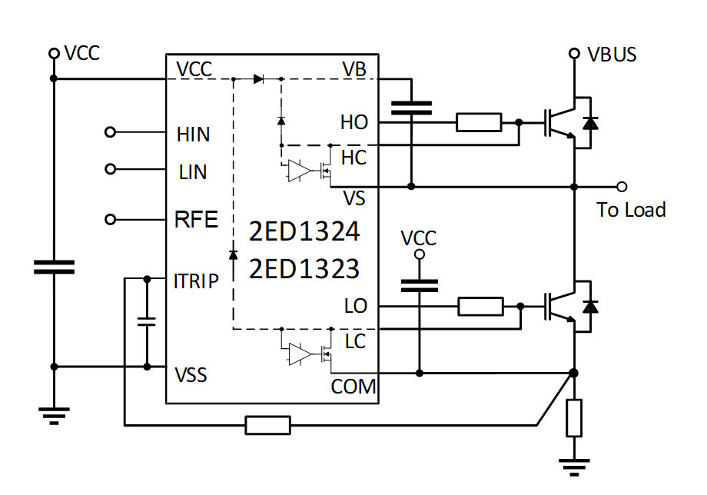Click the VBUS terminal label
pos(612,55)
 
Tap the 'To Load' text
pos(631,210)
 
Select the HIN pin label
pos(193,135)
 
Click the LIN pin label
pos(192,171)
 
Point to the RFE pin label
pos(197,221)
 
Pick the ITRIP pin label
pos(197,281)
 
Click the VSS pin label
pos(191,377)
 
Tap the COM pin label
pos(353,386)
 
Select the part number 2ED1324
pos(304,231)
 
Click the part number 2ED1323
pos(304,268)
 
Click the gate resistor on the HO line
pos(479,122)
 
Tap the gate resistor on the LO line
pos(481,307)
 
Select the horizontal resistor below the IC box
pos(267,424)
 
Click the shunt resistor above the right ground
pos(574,418)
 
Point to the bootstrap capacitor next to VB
pos(411,107)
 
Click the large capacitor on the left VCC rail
pos(54,267)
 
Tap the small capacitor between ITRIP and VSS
pos(145,321)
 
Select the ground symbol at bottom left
pos(53,416)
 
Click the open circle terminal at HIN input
pos(110,133)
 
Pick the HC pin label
pos(353,158)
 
